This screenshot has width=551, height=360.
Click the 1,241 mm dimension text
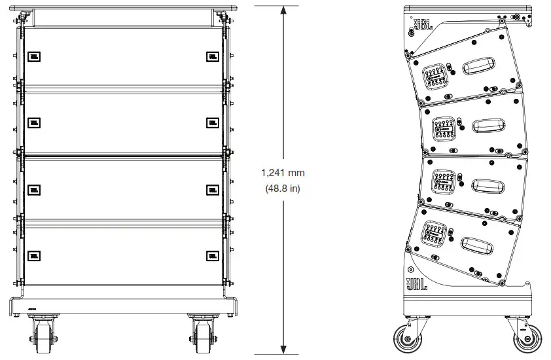click(x=283, y=173)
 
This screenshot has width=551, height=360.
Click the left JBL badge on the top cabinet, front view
click(x=34, y=57)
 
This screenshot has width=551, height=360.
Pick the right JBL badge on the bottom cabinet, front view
click(x=212, y=255)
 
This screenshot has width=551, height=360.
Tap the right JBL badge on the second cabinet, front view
click(x=212, y=122)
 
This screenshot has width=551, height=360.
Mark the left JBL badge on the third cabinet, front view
click(x=34, y=189)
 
